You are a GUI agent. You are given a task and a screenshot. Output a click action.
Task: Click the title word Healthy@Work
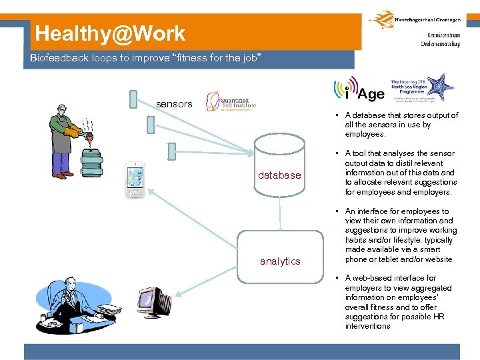click(x=111, y=33)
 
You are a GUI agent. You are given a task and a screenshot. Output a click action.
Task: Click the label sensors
click(x=174, y=104)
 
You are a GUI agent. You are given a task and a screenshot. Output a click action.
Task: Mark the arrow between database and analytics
click(x=280, y=215)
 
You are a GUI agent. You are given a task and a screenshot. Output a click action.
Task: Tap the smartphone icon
click(x=135, y=181)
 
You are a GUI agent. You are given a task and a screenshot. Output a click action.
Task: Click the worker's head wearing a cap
click(x=63, y=107)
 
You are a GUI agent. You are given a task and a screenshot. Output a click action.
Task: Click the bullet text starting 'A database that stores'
click(x=401, y=125)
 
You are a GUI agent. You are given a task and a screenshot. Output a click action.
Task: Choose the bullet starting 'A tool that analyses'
click(x=401, y=173)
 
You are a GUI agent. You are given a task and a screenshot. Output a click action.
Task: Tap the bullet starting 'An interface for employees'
click(x=401, y=235)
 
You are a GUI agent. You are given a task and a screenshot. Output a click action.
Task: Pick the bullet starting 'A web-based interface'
click(x=401, y=302)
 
